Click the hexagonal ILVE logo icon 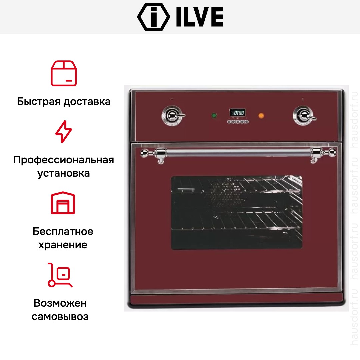click(154, 17)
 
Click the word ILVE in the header click(200, 17)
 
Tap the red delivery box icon click(64, 73)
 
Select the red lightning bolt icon click(64, 132)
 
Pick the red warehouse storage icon click(63, 203)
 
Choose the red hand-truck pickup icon click(60, 275)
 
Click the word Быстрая click(39, 101)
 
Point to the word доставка click(87, 102)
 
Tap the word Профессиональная click(64, 160)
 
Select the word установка click(64, 173)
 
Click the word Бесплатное click(63, 231)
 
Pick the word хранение click(63, 245)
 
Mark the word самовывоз click(60, 317)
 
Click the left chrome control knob click(173, 115)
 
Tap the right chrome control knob click(304, 115)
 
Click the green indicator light click(214, 115)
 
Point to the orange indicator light click(261, 115)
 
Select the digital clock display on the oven click(238, 113)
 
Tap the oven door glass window click(236, 212)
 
